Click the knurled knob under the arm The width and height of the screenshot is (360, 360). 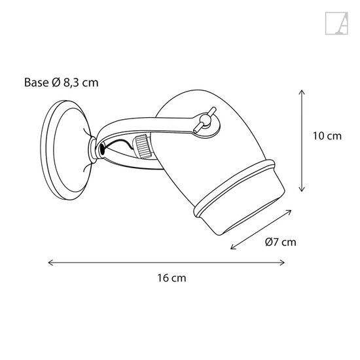(x=143, y=146)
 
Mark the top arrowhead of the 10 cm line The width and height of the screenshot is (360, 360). (x=300, y=91)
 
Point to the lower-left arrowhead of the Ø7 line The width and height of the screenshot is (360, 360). (x=232, y=251)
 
